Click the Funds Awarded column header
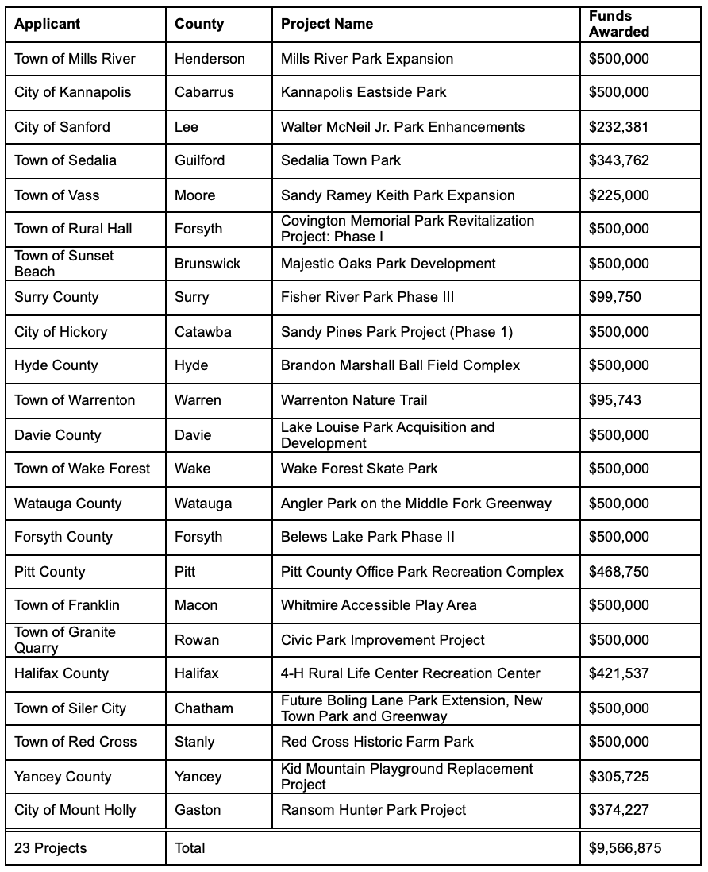(x=619, y=24)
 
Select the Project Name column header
(x=327, y=24)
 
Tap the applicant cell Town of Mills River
(x=75, y=59)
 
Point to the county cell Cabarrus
(x=205, y=92)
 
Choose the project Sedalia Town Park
(x=341, y=160)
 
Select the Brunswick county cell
(x=208, y=264)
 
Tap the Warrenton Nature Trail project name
(x=354, y=400)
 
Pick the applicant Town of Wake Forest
(x=83, y=469)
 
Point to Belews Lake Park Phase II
(x=368, y=537)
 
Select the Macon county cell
(x=196, y=605)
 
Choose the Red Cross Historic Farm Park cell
(x=378, y=742)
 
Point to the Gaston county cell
(x=198, y=810)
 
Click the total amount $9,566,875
(x=625, y=848)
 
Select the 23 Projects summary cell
(x=51, y=848)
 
